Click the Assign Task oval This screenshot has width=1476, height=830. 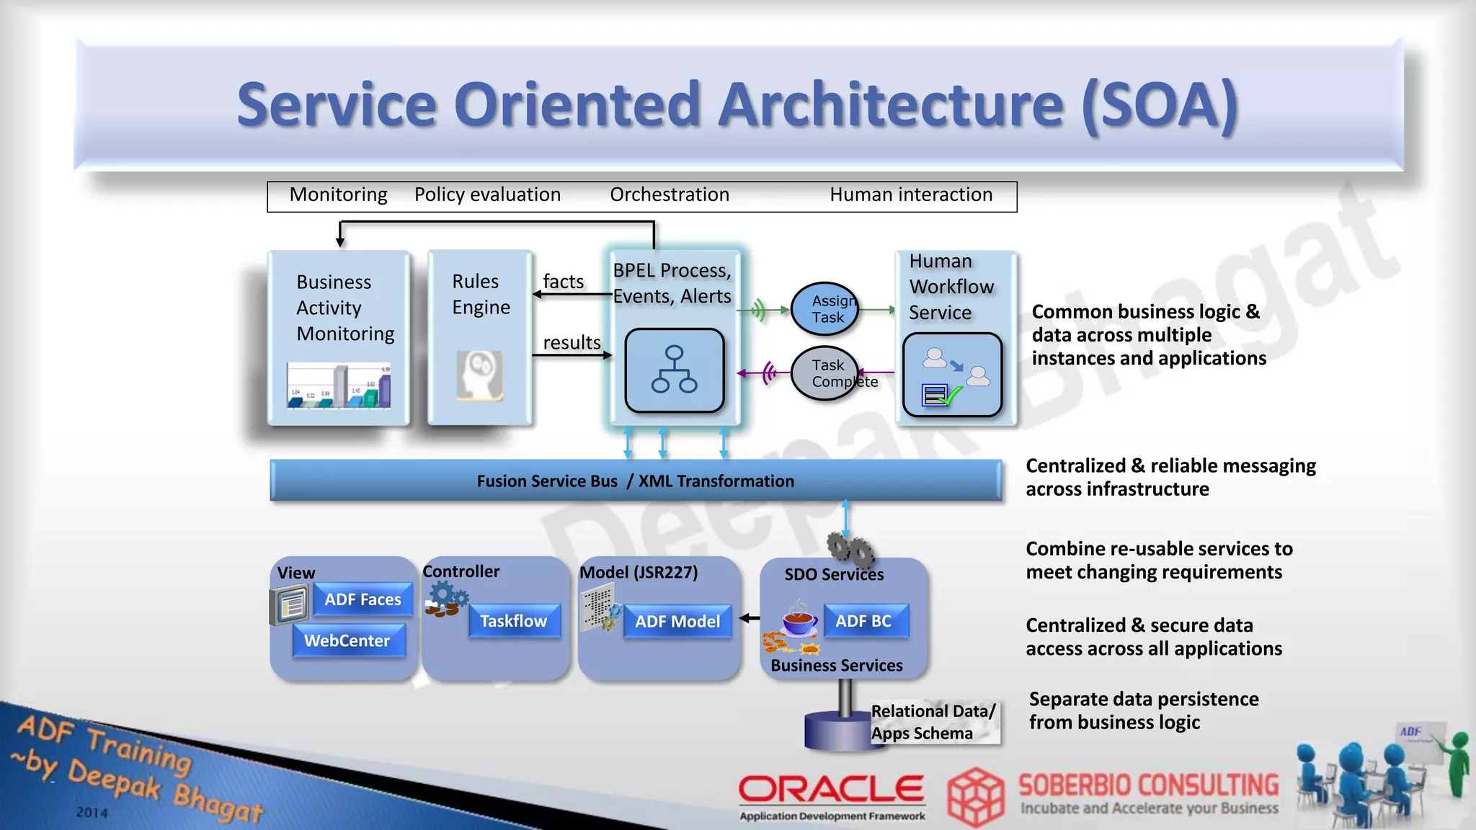click(826, 309)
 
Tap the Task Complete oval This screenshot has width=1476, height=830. click(826, 373)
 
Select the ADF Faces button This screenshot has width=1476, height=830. click(363, 599)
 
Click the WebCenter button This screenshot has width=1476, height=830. click(347, 641)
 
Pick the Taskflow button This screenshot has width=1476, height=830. click(514, 621)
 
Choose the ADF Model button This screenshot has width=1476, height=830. click(677, 621)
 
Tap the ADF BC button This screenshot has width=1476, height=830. click(863, 621)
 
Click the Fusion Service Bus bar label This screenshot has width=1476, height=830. click(635, 481)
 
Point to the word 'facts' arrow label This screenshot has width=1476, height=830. click(564, 282)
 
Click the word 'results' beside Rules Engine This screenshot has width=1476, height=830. click(572, 343)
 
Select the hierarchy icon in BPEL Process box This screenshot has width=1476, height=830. click(674, 370)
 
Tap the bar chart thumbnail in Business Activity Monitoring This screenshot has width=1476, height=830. click(339, 385)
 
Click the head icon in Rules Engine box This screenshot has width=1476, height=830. click(479, 375)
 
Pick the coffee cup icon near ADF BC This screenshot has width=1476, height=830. click(800, 620)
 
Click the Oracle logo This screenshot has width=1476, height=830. click(831, 790)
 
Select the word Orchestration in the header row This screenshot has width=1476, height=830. click(670, 195)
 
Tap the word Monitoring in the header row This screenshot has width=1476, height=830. click(338, 195)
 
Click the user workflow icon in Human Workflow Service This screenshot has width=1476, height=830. click(953, 375)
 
